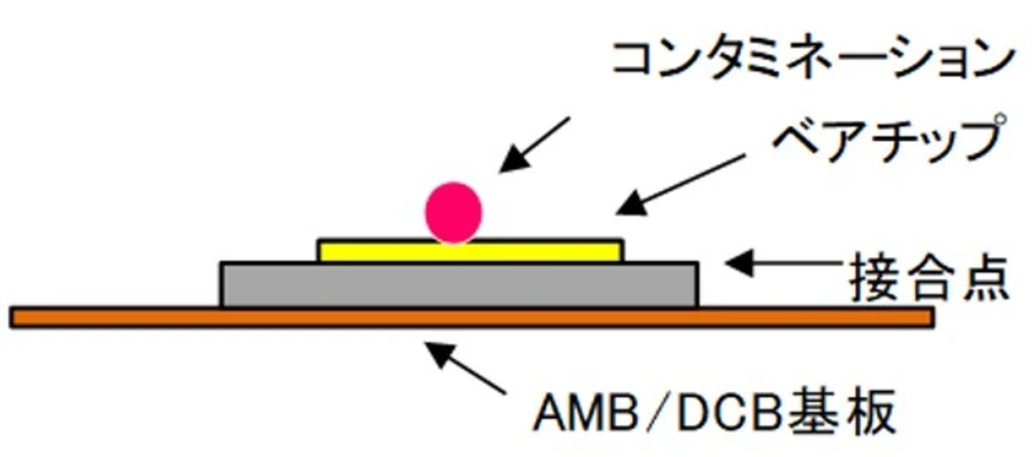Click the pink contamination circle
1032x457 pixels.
[453, 213]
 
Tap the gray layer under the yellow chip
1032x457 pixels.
[460, 285]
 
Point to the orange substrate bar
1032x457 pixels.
[472, 318]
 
